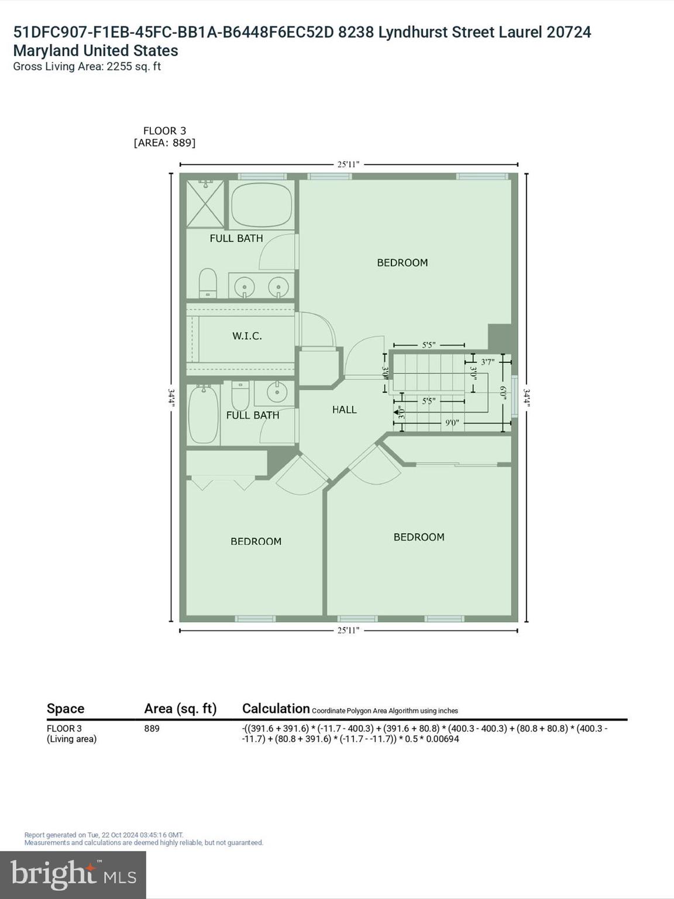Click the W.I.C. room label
[247, 336]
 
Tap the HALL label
[344, 410]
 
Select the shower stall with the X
[205, 204]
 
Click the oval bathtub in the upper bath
[261, 204]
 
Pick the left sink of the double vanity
[244, 287]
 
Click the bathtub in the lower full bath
[203, 414]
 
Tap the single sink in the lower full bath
[277, 392]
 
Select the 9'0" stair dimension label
[452, 422]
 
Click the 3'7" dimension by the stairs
[487, 362]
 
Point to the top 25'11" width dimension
[348, 164]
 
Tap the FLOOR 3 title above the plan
[164, 131]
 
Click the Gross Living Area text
[87, 67]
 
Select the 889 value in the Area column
[152, 729]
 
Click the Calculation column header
[276, 709]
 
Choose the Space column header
[66, 709]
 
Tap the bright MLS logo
[73, 874]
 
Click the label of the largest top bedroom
[402, 263]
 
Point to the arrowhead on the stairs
[400, 413]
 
